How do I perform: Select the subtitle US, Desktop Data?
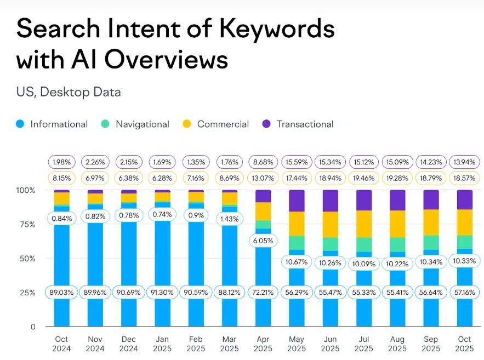pyautogui.click(x=69, y=92)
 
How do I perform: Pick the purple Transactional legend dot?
pyautogui.click(x=267, y=124)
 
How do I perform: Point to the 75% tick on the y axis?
pyautogui.click(x=25, y=224)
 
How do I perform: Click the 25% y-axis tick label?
pyautogui.click(x=25, y=292)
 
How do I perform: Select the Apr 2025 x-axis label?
pyautogui.click(x=263, y=344)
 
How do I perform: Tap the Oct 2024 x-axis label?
pyautogui.click(x=61, y=344)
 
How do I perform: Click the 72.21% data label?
pyautogui.click(x=263, y=292)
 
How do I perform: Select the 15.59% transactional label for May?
pyautogui.click(x=297, y=162)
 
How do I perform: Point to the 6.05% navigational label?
pyautogui.click(x=263, y=241)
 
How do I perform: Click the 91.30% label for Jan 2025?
pyautogui.click(x=162, y=292)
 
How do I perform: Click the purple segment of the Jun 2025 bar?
pyautogui.click(x=331, y=201)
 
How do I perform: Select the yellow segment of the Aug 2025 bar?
pyautogui.click(x=397, y=224)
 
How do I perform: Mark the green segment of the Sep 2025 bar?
pyautogui.click(x=431, y=242)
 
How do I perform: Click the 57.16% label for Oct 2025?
pyautogui.click(x=465, y=292)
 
